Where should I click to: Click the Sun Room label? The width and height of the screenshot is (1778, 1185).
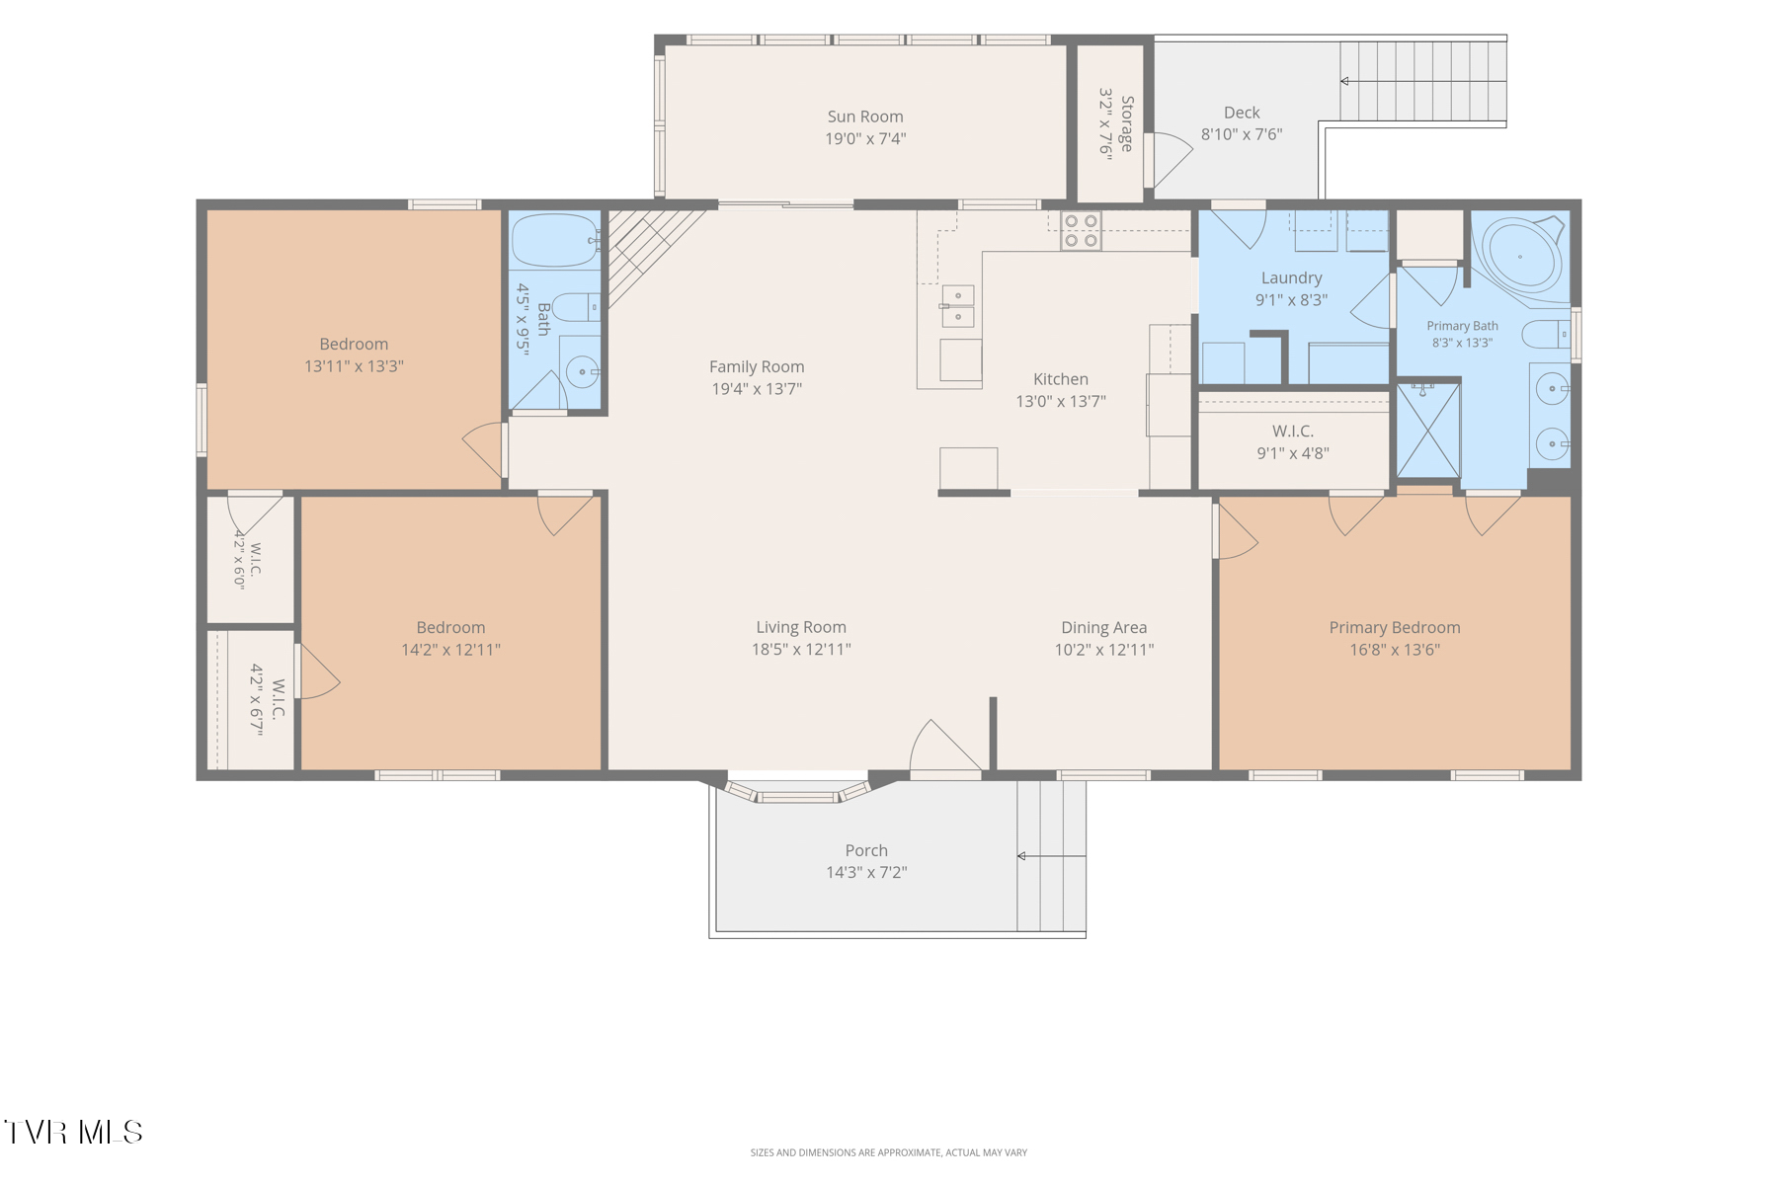(x=865, y=117)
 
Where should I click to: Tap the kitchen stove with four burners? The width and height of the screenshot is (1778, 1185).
(x=1081, y=231)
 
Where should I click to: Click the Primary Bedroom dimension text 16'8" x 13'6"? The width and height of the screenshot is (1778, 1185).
(x=1395, y=650)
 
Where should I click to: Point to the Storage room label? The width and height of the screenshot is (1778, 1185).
(x=1127, y=123)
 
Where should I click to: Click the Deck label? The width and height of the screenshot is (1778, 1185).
(x=1242, y=113)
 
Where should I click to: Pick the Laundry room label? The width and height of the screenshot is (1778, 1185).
(x=1291, y=278)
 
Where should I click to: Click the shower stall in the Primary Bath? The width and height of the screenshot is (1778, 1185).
(x=1427, y=431)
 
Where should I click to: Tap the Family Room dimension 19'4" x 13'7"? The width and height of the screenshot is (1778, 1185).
(x=757, y=389)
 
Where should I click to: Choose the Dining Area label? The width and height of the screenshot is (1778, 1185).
(x=1104, y=627)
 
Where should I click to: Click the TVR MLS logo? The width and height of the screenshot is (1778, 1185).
(x=73, y=1132)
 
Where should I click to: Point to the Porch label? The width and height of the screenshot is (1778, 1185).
(x=866, y=850)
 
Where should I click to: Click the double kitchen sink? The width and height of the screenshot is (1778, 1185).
(x=957, y=306)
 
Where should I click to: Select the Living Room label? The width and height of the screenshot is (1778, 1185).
(x=801, y=627)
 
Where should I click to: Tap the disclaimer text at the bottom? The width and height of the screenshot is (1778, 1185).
(x=889, y=1152)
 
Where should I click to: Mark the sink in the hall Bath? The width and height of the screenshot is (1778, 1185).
(x=582, y=372)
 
